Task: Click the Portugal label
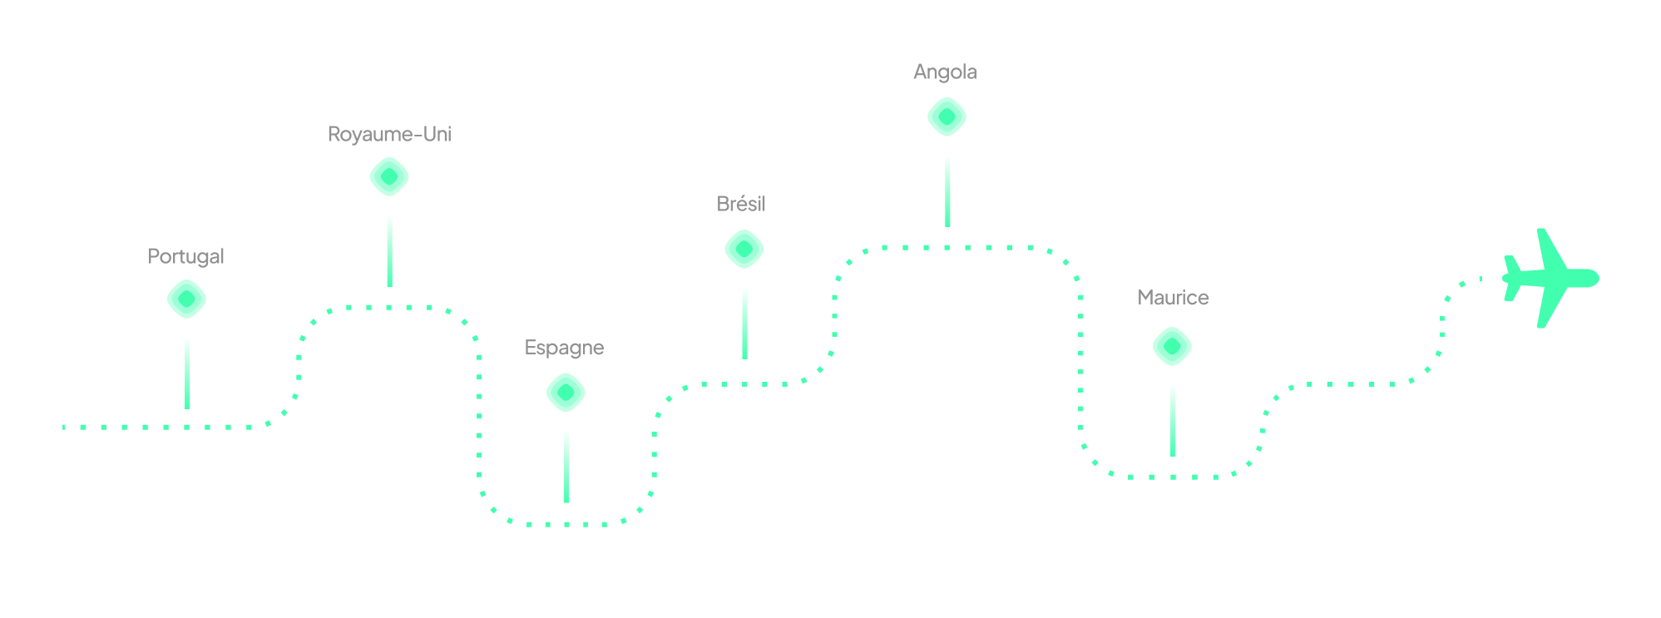185,256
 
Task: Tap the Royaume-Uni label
389,134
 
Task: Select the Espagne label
564,348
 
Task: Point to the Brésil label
741,204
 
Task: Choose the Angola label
945,72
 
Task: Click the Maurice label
1173,298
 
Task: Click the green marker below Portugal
186,299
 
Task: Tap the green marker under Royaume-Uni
389,177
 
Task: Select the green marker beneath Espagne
566,393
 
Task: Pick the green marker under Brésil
744,250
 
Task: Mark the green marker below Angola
947,117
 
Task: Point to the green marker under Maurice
1172,346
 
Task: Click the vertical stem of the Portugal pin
187,373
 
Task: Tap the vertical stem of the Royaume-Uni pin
389,250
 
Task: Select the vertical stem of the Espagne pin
566,467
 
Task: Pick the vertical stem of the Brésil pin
744,323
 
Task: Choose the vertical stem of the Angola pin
947,190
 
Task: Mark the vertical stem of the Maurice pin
1173,420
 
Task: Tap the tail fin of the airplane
1511,278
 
